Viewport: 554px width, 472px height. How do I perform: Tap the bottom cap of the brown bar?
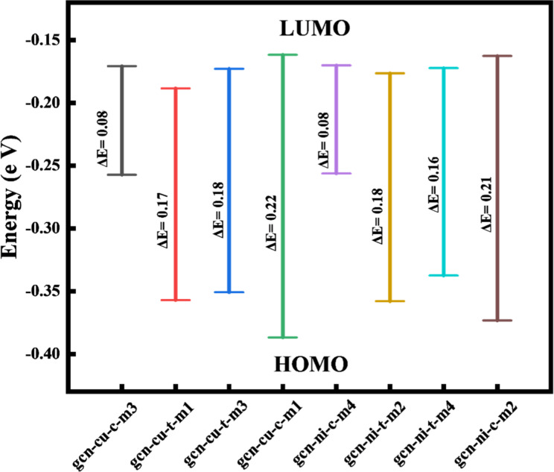pos(497,320)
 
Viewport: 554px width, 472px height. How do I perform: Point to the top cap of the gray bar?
pos(121,66)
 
